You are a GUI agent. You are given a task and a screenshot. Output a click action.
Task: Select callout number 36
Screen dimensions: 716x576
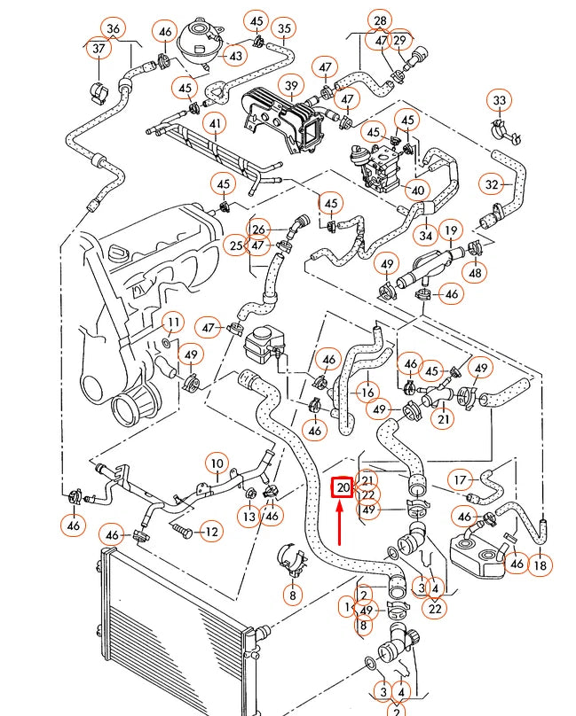(113, 28)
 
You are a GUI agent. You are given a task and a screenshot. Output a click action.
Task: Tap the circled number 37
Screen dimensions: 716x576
(97, 50)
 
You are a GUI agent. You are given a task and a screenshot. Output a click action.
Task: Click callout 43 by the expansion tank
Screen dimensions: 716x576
(234, 57)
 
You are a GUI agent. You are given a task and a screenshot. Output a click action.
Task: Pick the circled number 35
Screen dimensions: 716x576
(284, 28)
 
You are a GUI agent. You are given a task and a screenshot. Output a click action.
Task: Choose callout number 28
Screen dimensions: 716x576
(380, 19)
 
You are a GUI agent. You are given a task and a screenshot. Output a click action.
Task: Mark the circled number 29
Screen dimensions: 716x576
(400, 41)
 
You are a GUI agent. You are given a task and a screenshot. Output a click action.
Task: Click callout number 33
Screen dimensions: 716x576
(500, 101)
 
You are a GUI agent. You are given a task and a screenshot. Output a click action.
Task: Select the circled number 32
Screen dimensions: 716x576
(493, 184)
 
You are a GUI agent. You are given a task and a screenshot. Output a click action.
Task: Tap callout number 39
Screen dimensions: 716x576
(290, 85)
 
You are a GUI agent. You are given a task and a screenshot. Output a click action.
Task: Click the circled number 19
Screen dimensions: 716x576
(451, 231)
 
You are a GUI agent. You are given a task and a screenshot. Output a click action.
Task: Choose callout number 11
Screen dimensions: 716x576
(172, 322)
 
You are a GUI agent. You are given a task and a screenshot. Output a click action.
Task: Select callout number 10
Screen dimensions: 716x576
(217, 462)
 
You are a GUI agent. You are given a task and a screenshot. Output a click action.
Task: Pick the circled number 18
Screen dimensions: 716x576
(540, 564)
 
